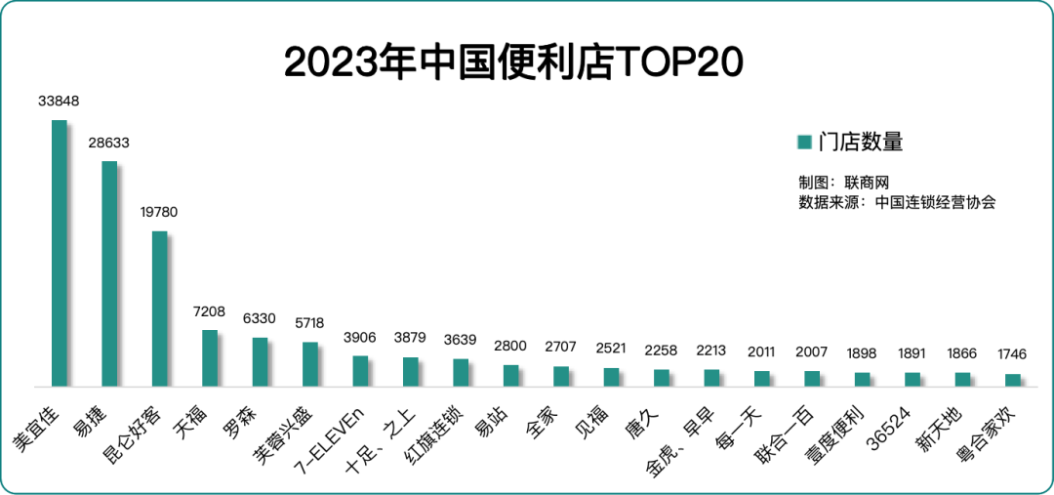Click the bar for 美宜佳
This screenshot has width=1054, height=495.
(x=59, y=253)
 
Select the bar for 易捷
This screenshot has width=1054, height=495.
(x=109, y=273)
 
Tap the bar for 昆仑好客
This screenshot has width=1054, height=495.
(x=159, y=309)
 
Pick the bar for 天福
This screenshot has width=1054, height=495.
(x=209, y=357)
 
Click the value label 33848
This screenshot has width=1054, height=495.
(x=59, y=101)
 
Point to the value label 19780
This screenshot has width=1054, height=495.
(x=159, y=212)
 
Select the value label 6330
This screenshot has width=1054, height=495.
(x=260, y=318)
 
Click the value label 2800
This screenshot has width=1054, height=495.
(x=510, y=346)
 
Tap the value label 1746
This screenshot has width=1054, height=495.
(x=1012, y=354)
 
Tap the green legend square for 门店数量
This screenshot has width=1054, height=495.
(x=805, y=143)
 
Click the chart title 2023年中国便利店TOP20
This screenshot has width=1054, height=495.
(x=514, y=62)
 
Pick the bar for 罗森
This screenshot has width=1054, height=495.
(x=260, y=361)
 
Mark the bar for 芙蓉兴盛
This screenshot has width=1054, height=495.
(x=309, y=363)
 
